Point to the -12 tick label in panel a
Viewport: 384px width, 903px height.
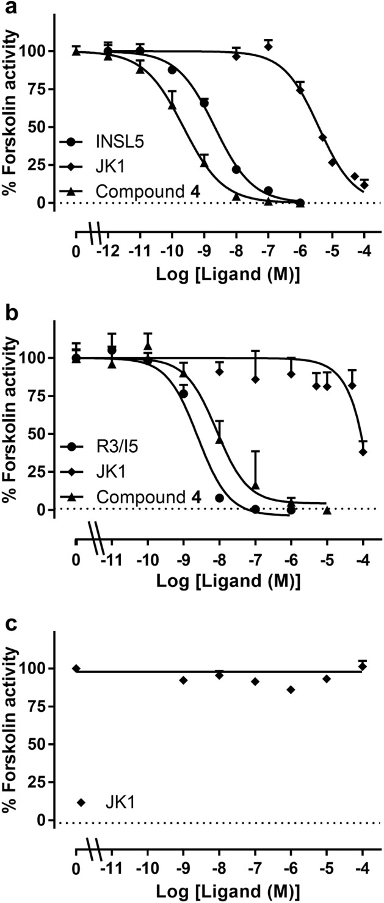tap(108, 250)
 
